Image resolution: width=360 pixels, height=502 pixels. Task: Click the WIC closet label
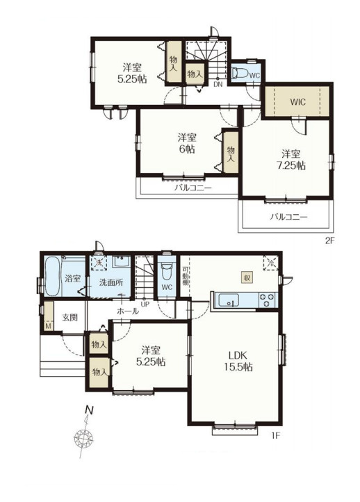tap(298, 102)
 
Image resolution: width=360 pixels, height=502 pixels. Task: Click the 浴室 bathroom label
tap(73, 278)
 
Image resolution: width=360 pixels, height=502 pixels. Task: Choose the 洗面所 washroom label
tap(111, 282)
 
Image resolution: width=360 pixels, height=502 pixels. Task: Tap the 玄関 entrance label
tap(69, 318)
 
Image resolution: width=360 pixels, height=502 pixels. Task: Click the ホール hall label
tap(128, 311)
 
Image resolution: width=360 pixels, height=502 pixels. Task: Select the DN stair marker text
tap(218, 85)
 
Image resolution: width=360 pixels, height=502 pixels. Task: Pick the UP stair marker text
tap(145, 304)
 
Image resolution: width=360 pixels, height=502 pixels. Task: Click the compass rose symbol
tap(83, 437)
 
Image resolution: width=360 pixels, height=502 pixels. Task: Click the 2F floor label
tap(329, 241)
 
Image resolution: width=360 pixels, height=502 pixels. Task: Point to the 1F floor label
tap(275, 435)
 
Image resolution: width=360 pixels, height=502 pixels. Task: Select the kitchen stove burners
tap(268, 300)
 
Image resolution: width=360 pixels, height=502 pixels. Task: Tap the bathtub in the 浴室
tap(53, 277)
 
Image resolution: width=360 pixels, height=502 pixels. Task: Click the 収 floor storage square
tap(247, 277)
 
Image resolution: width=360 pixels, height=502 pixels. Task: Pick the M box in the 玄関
tap(49, 326)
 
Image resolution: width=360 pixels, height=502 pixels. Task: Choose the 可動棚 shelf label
tap(185, 276)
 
